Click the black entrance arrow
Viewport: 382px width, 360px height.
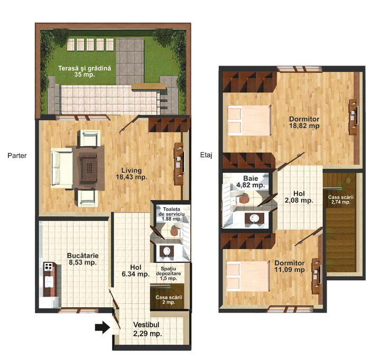[x=103, y=327]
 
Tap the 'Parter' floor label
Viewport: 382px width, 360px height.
[x=17, y=156]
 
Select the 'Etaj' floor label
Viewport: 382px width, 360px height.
[x=206, y=155]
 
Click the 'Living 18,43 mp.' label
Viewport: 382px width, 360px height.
[x=132, y=174]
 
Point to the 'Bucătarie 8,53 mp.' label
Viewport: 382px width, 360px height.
[x=83, y=259]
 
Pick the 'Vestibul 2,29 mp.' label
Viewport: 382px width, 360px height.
[x=147, y=329]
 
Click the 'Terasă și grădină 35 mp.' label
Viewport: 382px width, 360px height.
[x=85, y=71]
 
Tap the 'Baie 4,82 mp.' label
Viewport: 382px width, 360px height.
[x=250, y=182]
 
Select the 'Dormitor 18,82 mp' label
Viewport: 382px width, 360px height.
[x=304, y=122]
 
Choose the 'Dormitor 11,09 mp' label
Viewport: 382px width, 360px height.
[x=290, y=266]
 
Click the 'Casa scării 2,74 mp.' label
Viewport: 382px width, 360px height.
[x=341, y=200]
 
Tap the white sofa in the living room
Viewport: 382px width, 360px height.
[x=62, y=168]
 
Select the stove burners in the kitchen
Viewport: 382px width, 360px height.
[x=48, y=267]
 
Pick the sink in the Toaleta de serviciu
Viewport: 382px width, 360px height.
[x=167, y=251]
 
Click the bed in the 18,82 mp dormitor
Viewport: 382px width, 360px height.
[x=249, y=120]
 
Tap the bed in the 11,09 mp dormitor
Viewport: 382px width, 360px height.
[x=248, y=276]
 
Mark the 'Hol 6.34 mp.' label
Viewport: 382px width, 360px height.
[x=136, y=271]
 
